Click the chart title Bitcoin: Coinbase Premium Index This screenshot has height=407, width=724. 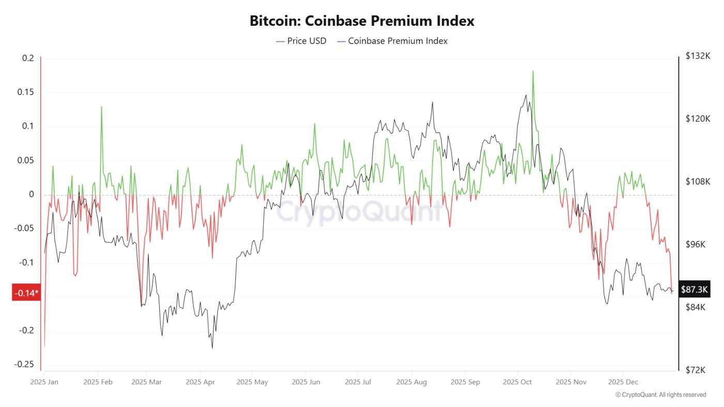[x=362, y=21]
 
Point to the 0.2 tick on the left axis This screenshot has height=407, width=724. [x=27, y=58]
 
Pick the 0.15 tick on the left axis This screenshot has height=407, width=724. [x=25, y=92]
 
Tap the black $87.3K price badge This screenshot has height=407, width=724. [x=694, y=290]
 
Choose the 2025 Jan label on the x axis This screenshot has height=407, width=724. [x=44, y=382]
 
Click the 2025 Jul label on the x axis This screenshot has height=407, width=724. [x=358, y=382]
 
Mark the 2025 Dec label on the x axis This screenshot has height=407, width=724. [x=623, y=382]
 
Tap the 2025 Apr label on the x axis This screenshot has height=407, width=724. [x=200, y=382]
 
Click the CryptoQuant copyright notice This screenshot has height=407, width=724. [x=660, y=395]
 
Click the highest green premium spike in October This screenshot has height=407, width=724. [x=533, y=71]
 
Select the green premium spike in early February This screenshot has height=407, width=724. [x=101, y=107]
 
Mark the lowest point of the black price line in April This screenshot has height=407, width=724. [x=212, y=348]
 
